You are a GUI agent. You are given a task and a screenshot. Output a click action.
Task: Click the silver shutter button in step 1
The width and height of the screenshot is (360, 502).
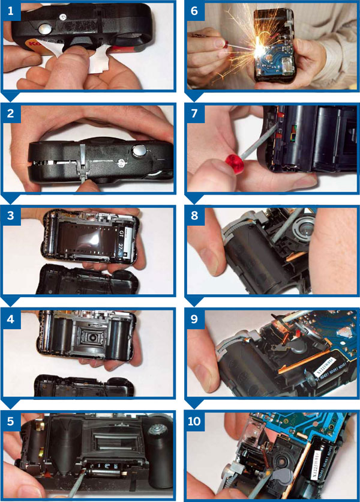tap(44, 28)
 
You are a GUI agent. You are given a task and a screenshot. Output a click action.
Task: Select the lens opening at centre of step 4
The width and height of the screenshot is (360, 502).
tap(92, 331)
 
